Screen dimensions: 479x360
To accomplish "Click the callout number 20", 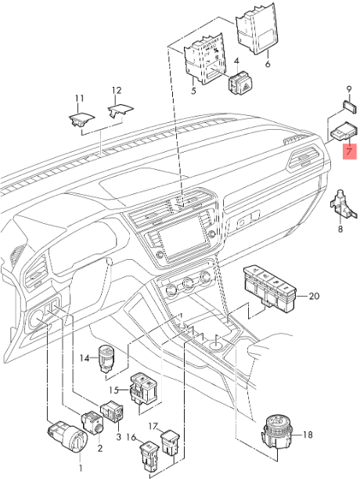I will click(314, 297).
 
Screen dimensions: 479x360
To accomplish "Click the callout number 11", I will click(78, 98).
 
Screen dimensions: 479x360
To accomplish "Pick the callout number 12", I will click(117, 91).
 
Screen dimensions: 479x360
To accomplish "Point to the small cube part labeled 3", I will click(112, 411).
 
